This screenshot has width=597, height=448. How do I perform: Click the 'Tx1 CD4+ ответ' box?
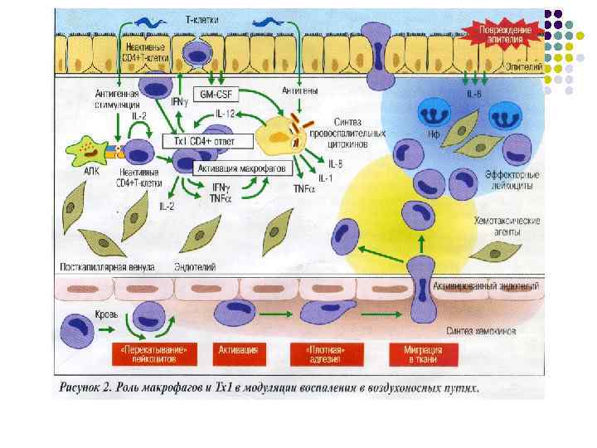click(x=204, y=141)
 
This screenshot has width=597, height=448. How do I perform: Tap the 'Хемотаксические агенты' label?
click(x=505, y=226)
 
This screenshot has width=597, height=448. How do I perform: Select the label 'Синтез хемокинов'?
click(x=482, y=330)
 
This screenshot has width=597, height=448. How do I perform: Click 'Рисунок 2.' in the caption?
click(x=90, y=387)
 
